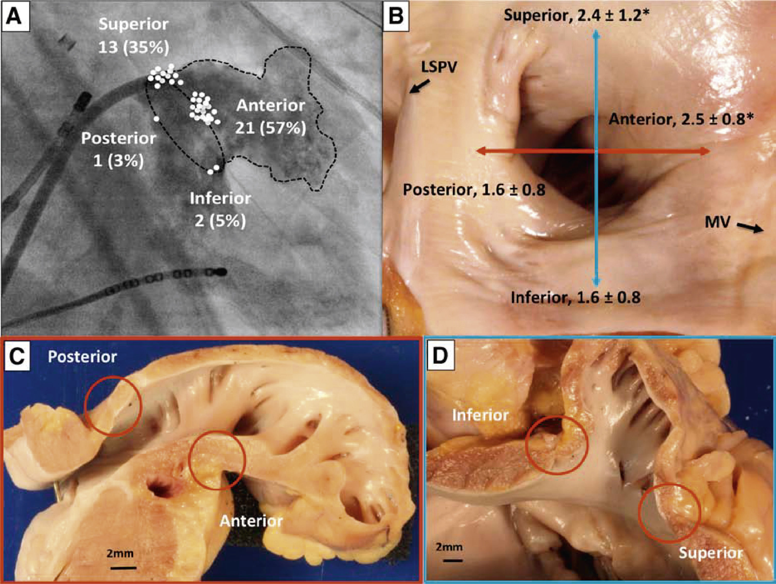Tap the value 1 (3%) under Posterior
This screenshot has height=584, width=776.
(x=119, y=161)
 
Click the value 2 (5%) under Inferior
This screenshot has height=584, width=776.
(x=220, y=221)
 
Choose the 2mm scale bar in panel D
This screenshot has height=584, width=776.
(x=449, y=558)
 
